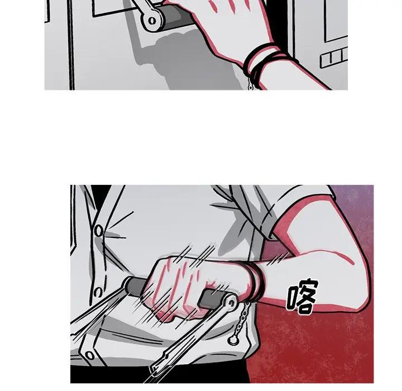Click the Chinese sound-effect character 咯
[301, 296]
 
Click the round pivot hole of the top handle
[152, 21]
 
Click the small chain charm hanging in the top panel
[250, 85]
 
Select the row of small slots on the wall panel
[334, 58]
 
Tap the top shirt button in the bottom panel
[99, 231]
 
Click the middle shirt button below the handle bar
[98, 292]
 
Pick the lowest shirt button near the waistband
[89, 355]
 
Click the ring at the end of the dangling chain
[233, 340]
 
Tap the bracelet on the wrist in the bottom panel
[255, 281]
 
